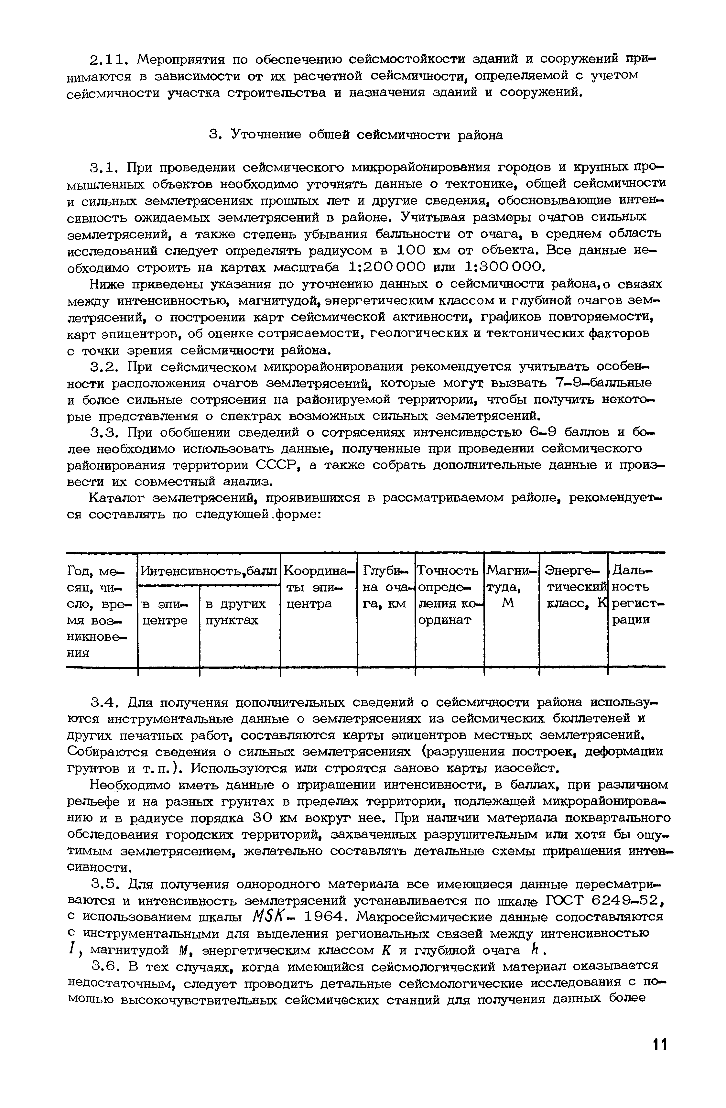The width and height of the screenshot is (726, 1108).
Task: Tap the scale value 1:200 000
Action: click(x=386, y=267)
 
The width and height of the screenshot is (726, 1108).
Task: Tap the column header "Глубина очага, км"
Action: click(x=386, y=587)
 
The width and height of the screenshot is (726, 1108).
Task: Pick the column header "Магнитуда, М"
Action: click(x=511, y=587)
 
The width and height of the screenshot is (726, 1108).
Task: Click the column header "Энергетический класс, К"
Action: click(x=575, y=587)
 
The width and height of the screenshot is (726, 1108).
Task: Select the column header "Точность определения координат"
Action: click(x=449, y=595)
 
